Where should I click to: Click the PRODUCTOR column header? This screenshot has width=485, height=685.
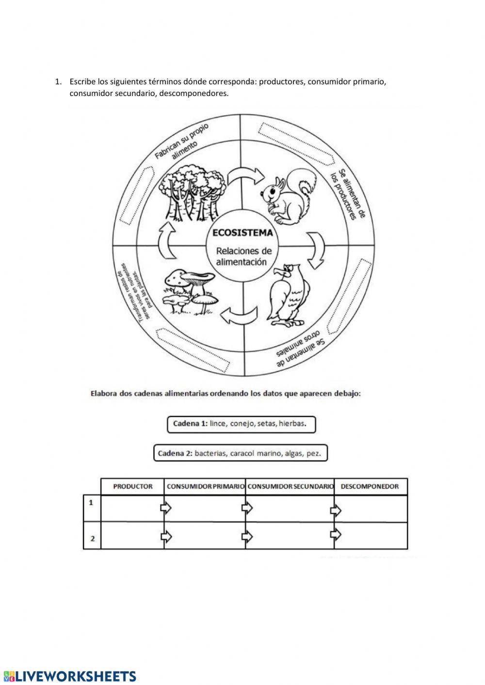point(132,486)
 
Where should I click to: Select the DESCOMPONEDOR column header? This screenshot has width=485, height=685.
point(370,486)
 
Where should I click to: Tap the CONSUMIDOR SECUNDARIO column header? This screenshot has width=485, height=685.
point(290,486)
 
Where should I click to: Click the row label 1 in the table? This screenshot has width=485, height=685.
point(91,503)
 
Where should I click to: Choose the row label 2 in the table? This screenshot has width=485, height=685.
point(92,539)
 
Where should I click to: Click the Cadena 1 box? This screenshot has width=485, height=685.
point(241,424)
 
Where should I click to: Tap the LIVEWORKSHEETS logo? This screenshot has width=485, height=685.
point(70,676)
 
